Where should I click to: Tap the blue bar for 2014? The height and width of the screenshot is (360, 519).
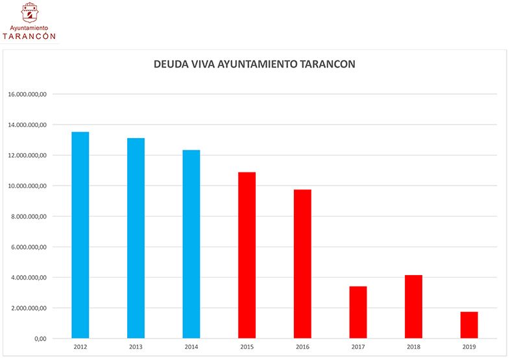[x=191, y=244]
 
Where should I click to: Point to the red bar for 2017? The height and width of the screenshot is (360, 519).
[x=358, y=312]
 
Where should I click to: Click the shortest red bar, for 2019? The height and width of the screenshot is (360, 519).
[x=469, y=325]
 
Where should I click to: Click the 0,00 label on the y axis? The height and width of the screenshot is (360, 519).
[x=40, y=339]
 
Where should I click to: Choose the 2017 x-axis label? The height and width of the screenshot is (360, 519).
[x=358, y=348]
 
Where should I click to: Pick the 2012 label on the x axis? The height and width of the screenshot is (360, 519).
[x=80, y=348]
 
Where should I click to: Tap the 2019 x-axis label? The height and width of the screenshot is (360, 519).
[x=469, y=348]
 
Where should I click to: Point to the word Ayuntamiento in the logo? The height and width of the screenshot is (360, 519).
[x=30, y=28]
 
